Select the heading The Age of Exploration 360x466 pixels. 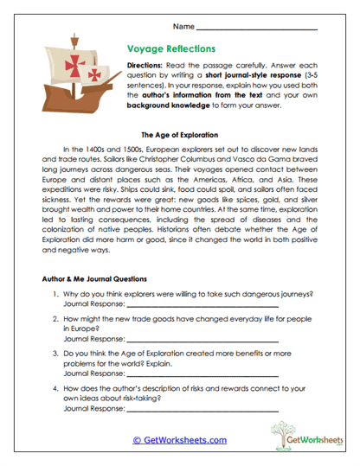pyautogui.click(x=179, y=136)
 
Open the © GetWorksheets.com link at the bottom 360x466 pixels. pyautogui.click(x=179, y=439)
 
